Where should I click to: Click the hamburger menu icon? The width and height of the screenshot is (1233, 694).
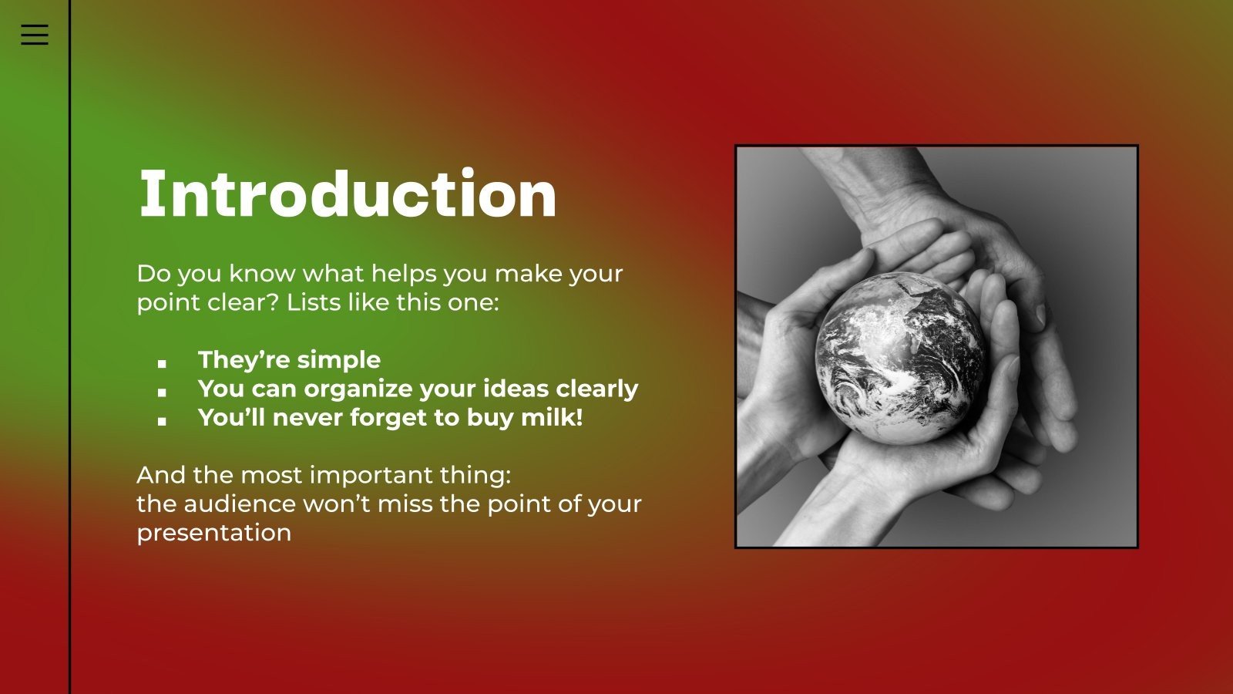click(x=34, y=35)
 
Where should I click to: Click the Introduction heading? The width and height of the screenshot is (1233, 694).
click(x=348, y=194)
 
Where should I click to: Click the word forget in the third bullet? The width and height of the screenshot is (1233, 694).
click(x=381, y=417)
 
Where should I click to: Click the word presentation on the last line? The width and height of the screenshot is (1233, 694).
click(x=213, y=533)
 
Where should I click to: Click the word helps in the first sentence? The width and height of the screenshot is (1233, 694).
click(x=403, y=273)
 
